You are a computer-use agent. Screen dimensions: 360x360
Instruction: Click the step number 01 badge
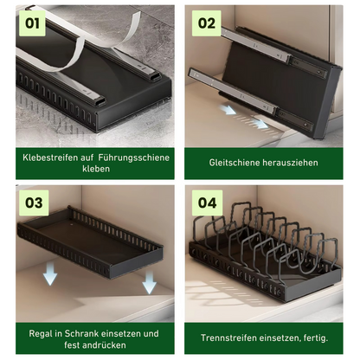32,23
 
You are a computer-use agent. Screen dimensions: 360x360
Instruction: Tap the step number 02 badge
207,23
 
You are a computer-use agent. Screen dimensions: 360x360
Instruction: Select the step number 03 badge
34,202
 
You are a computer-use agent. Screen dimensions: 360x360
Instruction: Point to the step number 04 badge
207,202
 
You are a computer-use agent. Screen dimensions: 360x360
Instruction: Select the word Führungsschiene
133,157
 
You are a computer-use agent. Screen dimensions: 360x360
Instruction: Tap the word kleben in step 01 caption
96,169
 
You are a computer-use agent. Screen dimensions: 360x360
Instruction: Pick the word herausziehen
290,163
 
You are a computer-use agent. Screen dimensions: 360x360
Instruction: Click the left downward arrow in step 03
50,274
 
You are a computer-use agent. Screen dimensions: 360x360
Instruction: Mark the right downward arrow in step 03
150,282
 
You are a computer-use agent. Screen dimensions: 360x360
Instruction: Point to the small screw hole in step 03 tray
72,224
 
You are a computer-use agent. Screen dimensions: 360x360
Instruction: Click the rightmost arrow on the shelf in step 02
260,124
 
